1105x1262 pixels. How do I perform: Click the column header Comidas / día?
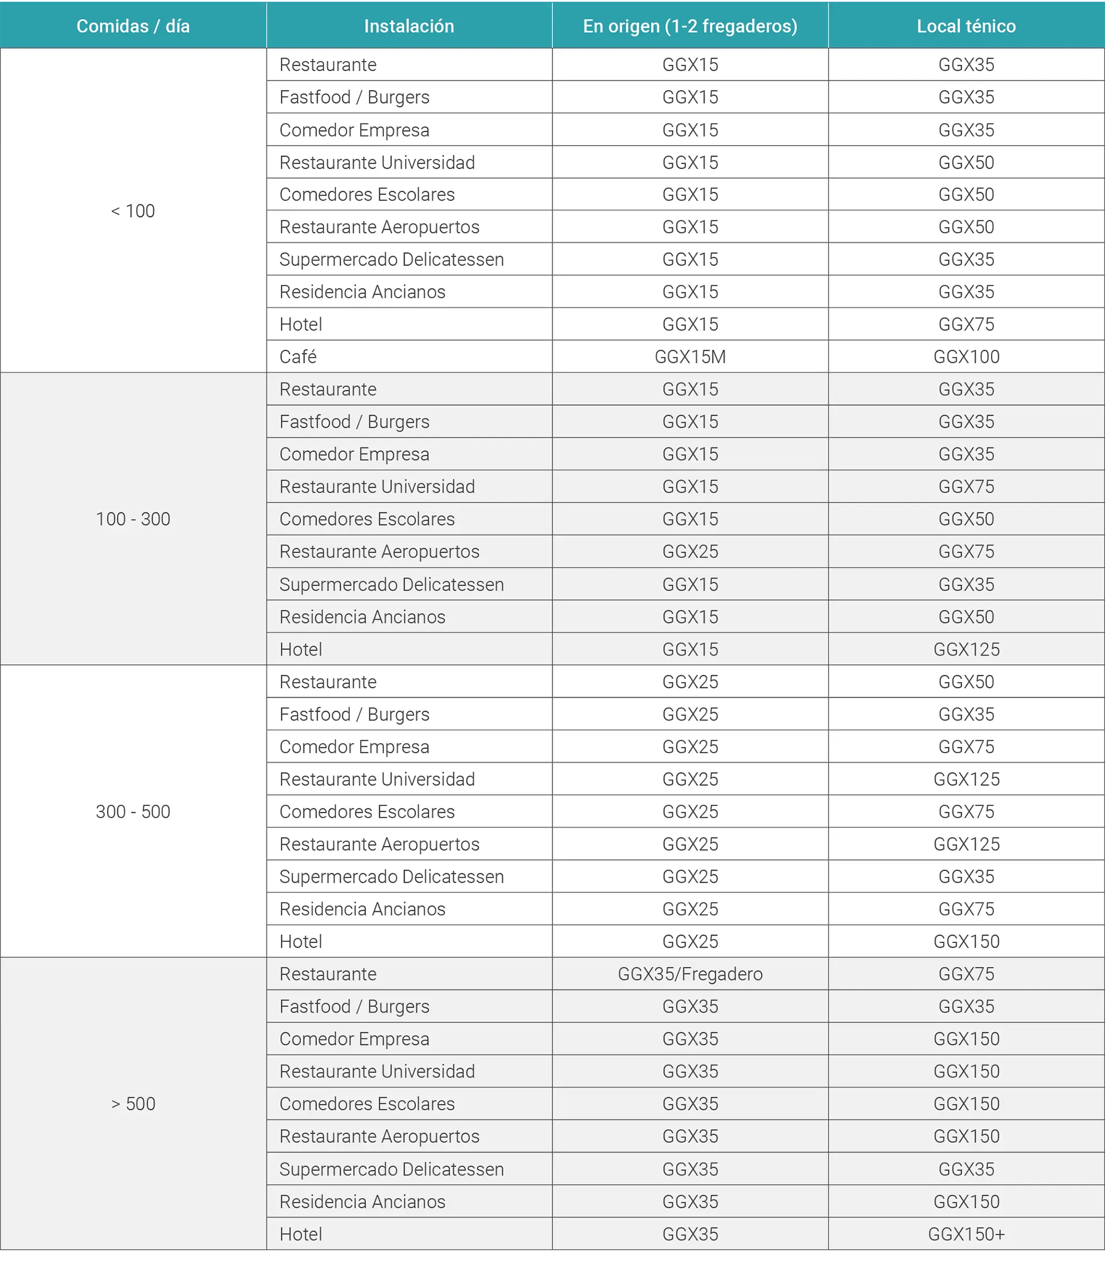132,26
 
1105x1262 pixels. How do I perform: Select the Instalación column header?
409,26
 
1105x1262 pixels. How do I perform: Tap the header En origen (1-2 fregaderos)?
690,26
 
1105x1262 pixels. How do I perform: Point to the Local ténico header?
966,26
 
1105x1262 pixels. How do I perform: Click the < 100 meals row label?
132,211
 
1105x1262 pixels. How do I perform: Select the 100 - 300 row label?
132,519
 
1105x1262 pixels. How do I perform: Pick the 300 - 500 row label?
132,811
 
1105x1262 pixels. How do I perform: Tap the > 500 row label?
132,1104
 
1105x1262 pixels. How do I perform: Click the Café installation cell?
298,356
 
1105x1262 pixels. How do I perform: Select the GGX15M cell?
690,356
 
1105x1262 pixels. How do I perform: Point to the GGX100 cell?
966,356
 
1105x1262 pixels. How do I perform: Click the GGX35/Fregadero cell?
690,974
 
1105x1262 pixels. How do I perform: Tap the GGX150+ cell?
966,1234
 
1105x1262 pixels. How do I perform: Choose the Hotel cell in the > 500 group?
301,1234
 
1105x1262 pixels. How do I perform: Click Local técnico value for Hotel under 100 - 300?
966,649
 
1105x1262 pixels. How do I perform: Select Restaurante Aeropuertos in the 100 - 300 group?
379,552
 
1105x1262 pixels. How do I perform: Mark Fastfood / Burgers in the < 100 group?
354,97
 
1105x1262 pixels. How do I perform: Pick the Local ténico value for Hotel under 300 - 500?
966,941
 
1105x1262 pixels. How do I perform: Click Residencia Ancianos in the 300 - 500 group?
362,909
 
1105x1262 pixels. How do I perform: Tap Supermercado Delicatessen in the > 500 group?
391,1169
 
